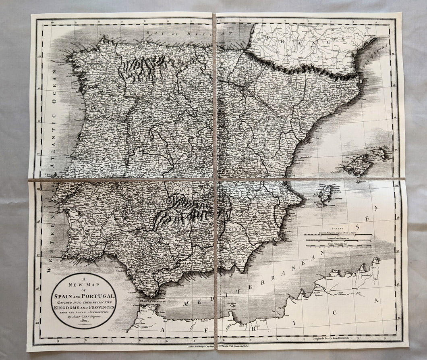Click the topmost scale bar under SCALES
pos(338,235)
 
